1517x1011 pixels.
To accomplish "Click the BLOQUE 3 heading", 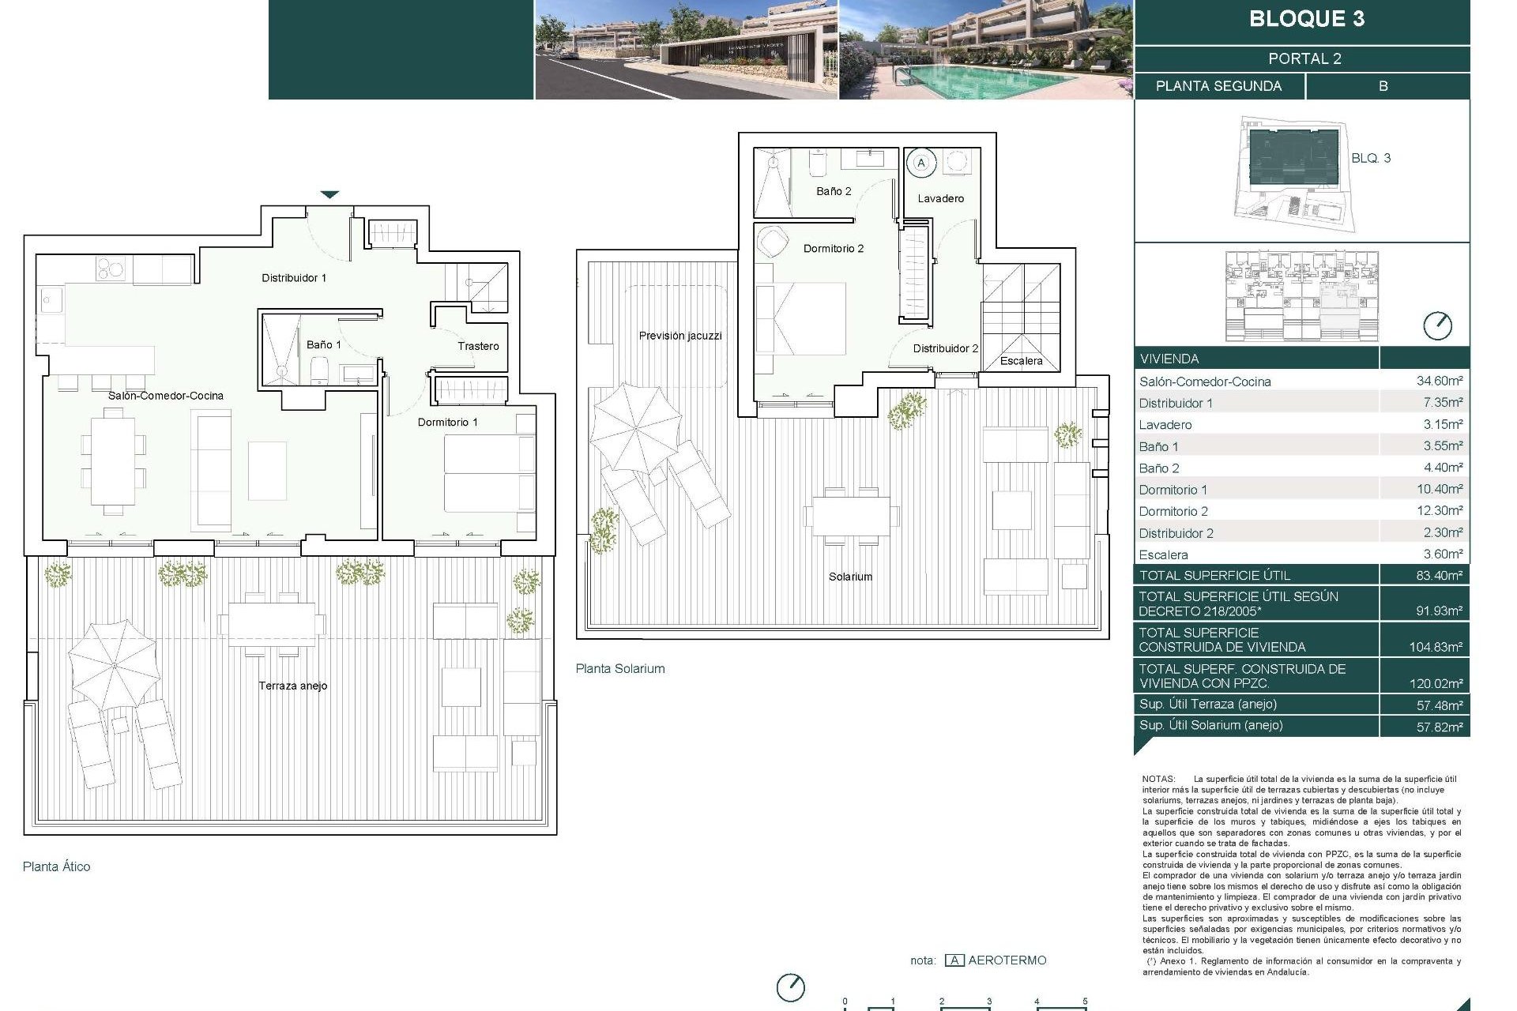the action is pos(1306,19).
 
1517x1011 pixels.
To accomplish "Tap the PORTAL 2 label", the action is pos(1304,58).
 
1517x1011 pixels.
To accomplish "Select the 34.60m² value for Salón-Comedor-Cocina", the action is pos(1439,381).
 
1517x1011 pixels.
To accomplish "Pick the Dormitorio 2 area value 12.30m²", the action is pos(1439,511).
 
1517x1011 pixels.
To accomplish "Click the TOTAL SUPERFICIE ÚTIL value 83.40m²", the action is pos(1439,576).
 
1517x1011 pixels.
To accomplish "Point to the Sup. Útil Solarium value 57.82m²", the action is pos(1439,727).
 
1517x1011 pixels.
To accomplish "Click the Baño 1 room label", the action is pos(324,344).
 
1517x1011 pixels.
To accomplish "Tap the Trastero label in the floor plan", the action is pos(478,346).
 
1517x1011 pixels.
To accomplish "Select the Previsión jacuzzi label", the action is pos(680,336).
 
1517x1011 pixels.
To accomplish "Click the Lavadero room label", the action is pos(940,198).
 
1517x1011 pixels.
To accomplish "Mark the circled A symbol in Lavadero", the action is pos(920,163).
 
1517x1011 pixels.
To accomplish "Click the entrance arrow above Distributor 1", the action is pos(329,194).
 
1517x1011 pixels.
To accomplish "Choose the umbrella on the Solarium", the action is pos(636,427).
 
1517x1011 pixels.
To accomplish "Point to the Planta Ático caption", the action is pos(56,866).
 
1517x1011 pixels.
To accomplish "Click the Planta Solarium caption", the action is pos(620,668).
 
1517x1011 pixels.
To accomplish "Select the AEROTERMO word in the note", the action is pos(1007,960).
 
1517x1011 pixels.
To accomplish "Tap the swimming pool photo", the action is pos(985,50).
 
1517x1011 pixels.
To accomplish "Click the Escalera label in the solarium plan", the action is pos(1021,361).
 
